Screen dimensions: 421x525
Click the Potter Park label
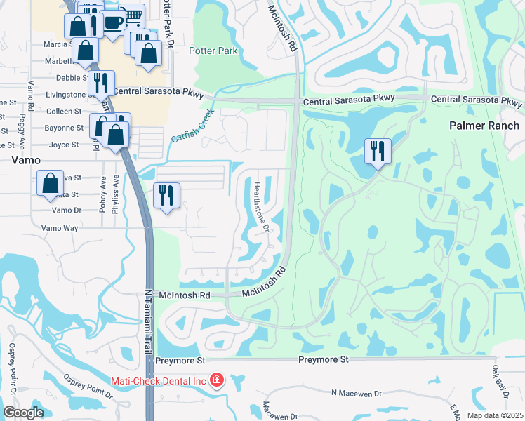213,51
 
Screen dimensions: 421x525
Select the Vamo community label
26,160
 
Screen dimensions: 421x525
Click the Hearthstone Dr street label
260,206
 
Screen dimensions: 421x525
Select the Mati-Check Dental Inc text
159,381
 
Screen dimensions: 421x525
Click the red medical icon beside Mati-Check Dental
217,381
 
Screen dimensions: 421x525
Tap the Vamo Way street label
60,228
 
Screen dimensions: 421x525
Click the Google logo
23,413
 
